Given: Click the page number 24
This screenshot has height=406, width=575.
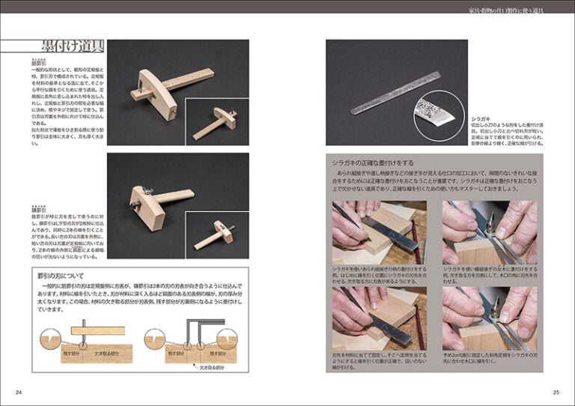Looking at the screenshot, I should (x=18, y=392).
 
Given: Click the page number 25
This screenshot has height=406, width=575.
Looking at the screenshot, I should (x=556, y=392).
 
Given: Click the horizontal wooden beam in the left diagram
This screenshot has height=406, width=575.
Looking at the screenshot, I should (x=97, y=330).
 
